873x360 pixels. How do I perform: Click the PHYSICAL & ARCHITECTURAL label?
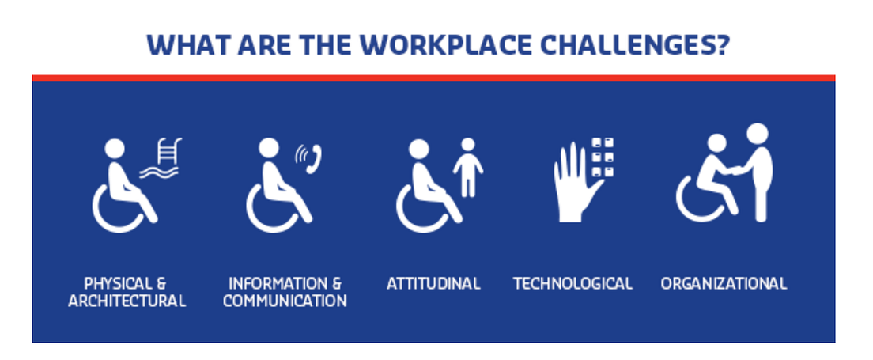[127, 292]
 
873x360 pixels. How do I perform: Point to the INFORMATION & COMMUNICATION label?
[285, 292]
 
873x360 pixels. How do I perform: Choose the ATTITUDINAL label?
[433, 283]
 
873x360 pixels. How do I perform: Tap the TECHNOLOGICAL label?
[573, 283]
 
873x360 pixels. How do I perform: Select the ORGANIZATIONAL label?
[724, 283]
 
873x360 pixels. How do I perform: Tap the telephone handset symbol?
[314, 159]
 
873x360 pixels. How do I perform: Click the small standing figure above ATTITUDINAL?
[468, 168]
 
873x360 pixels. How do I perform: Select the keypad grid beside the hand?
[603, 157]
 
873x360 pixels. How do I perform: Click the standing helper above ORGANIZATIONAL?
[759, 170]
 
